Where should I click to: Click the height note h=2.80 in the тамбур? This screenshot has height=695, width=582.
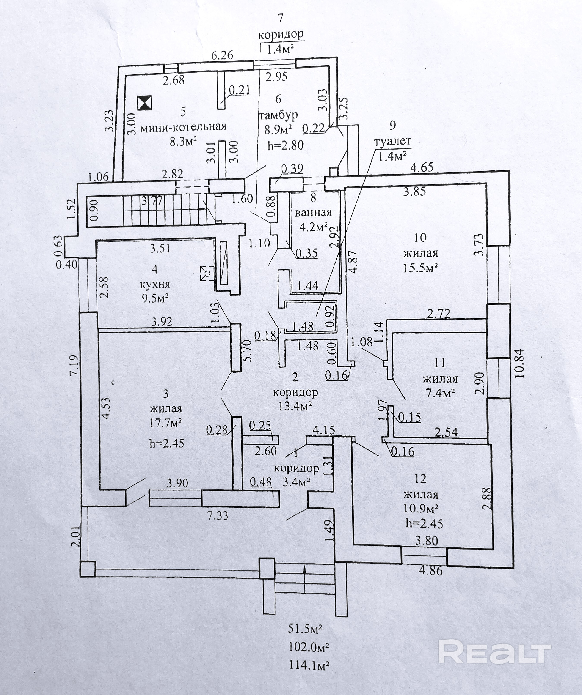[285, 145]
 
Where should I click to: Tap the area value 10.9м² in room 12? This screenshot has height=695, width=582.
[421, 508]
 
